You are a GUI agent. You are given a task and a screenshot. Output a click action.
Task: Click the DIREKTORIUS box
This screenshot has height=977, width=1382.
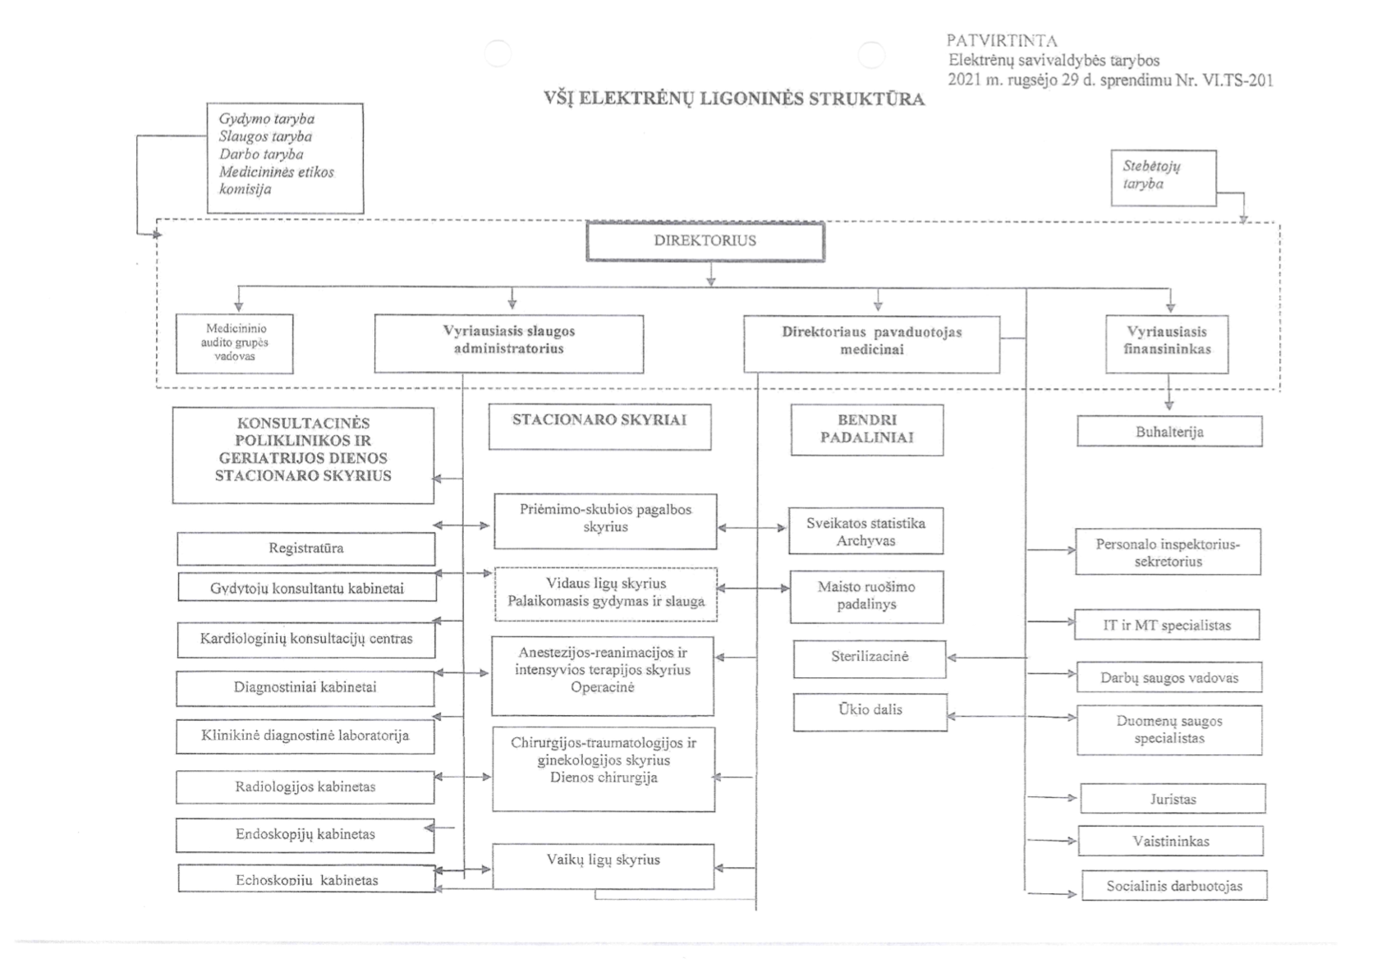(x=705, y=241)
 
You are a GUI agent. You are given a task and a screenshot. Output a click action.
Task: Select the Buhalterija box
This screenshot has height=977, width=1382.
(x=1170, y=431)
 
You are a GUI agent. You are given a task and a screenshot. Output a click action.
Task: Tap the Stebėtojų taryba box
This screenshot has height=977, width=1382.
(x=1164, y=177)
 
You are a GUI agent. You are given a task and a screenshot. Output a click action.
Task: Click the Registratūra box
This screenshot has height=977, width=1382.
(x=306, y=548)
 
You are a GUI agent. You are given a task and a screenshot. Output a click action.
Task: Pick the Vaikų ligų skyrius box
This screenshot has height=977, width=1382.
(x=604, y=867)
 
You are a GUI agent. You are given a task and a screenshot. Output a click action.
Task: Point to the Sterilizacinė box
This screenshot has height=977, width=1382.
(x=870, y=658)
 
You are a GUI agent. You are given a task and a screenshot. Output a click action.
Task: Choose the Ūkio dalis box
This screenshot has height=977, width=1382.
(x=870, y=712)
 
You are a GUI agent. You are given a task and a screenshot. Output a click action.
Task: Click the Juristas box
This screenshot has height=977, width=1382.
(x=1173, y=799)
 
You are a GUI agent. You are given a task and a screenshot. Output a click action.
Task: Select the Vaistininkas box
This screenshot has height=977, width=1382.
(x=1171, y=841)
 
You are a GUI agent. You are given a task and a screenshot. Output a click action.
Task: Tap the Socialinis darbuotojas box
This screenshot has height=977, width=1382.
(x=1175, y=886)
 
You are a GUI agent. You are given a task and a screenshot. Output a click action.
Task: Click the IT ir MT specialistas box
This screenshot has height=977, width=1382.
(x=1168, y=625)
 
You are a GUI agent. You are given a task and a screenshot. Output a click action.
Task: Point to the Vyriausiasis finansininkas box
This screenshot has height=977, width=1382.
(x=1168, y=344)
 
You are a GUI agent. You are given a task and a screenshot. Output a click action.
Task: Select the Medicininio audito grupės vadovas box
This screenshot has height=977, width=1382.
(x=235, y=343)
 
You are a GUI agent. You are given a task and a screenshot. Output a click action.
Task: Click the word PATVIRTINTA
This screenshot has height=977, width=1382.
(x=1002, y=41)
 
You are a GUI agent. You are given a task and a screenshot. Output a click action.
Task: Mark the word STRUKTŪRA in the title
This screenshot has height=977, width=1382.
(x=866, y=99)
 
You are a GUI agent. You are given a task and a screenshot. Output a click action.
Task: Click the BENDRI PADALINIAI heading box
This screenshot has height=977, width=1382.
(x=867, y=430)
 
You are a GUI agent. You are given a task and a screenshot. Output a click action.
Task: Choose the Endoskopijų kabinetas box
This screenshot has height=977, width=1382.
(x=305, y=835)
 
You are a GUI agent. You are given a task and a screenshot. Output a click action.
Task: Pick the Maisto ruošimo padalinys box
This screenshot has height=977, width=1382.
(x=867, y=596)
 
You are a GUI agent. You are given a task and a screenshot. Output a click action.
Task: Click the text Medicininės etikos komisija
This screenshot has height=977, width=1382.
(x=277, y=180)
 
